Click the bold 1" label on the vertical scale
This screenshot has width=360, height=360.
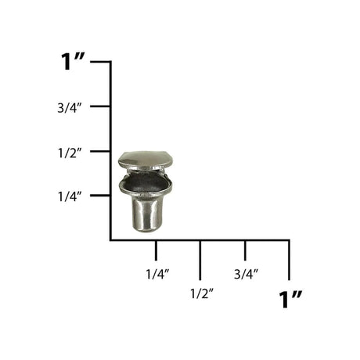[x=73, y=62]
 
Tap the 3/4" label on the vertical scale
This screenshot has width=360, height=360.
[x=70, y=107]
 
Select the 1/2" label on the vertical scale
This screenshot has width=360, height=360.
[x=70, y=153]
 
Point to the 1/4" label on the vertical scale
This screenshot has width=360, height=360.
[x=70, y=196]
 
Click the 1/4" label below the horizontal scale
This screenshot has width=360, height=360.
[x=157, y=274]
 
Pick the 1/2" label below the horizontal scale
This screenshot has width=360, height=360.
[x=202, y=294]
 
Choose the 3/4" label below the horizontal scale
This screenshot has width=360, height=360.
[x=246, y=274]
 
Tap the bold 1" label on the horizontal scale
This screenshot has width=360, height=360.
[x=290, y=299]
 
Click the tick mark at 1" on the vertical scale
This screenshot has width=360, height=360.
[x=100, y=62]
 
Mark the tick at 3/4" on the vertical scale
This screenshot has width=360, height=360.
[x=100, y=106]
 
